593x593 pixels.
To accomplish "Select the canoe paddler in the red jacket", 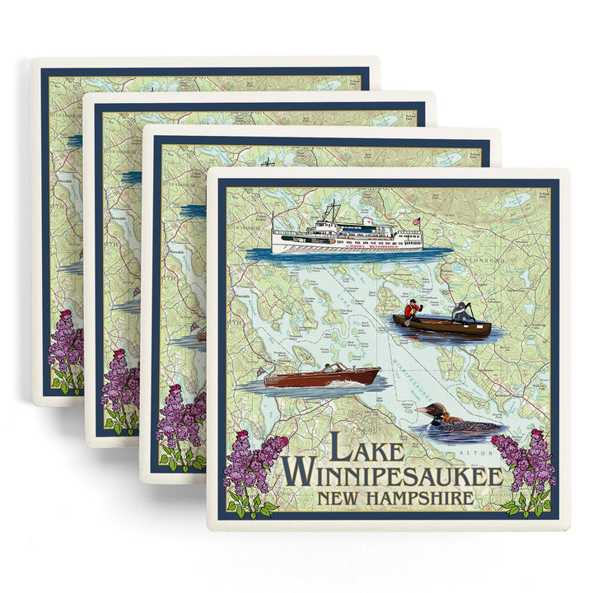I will click(409, 311).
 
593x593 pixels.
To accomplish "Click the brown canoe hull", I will click(442, 328).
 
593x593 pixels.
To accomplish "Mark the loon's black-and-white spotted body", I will click(466, 426).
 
